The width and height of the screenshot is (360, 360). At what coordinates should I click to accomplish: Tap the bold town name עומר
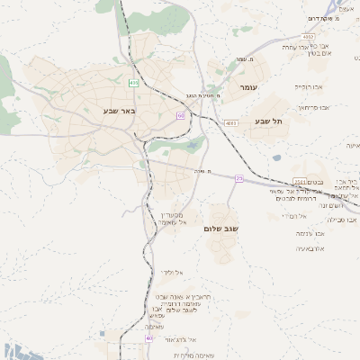[249, 86]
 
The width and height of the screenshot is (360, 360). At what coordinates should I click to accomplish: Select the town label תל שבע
[268, 121]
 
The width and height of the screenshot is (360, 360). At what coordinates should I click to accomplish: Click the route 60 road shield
[181, 116]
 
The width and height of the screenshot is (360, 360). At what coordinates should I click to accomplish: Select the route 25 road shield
[239, 179]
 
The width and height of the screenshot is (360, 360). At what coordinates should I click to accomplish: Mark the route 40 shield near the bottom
[149, 339]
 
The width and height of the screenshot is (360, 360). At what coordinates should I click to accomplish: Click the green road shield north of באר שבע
[134, 83]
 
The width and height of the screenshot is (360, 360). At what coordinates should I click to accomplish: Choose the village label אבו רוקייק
[309, 87]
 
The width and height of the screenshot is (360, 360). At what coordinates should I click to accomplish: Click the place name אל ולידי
[172, 271]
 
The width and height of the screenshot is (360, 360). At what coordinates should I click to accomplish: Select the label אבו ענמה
[310, 233]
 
